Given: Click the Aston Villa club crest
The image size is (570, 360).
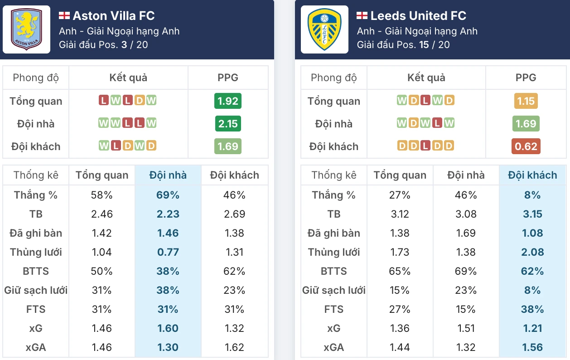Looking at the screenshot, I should [26, 29].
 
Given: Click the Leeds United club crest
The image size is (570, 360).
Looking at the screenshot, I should [324, 29].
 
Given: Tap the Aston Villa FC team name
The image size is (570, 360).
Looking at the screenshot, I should [114, 16].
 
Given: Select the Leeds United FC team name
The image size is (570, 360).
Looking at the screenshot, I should [418, 16].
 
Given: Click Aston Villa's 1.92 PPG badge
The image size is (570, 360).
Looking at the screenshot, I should [228, 101].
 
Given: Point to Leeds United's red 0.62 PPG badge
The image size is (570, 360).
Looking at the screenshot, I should [526, 146].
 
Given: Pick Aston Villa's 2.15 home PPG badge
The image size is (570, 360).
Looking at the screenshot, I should [228, 124].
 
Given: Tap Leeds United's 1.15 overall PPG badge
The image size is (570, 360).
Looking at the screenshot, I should [526, 101].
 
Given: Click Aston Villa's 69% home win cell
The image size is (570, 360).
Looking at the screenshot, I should [168, 195].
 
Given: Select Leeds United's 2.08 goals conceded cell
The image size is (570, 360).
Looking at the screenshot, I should [532, 252].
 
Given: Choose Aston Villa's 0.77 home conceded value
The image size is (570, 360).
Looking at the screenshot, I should [168, 252].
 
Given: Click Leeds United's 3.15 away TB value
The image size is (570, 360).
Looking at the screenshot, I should [532, 214].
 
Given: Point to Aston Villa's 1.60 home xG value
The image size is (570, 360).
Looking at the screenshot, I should [168, 328].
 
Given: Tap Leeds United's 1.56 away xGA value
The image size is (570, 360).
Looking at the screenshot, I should [532, 347].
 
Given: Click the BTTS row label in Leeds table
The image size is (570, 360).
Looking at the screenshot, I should [334, 271].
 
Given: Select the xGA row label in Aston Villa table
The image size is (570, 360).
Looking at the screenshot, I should [36, 347].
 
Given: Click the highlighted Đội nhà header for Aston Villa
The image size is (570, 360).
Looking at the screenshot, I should [168, 175].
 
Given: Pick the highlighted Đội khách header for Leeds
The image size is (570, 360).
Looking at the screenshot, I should [532, 175].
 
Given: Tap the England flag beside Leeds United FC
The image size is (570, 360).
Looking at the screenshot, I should [362, 16].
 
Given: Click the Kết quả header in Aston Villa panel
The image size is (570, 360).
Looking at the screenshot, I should [128, 78].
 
